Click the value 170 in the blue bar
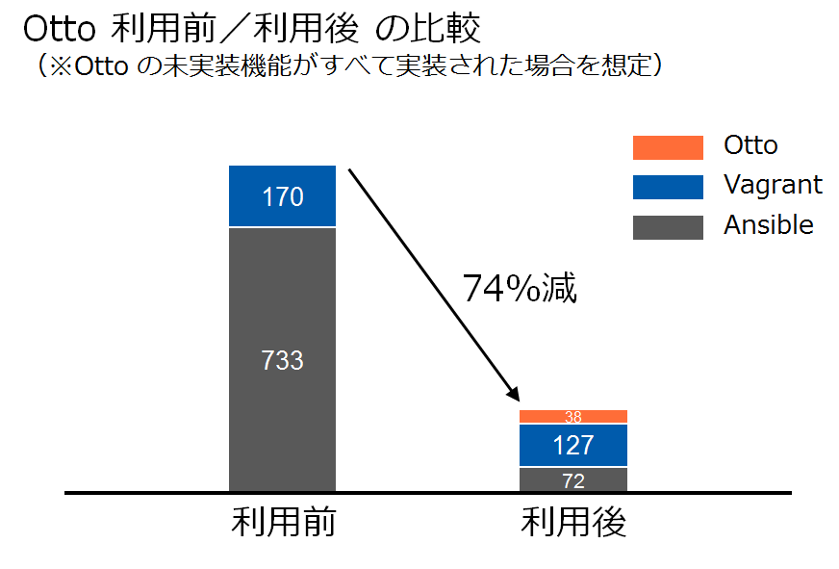click(x=282, y=197)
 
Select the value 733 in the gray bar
click(x=282, y=360)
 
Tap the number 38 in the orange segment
click(x=573, y=417)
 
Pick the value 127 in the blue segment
click(x=573, y=446)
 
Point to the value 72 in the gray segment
click(x=573, y=480)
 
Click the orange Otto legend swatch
click(x=668, y=147)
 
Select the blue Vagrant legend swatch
click(x=668, y=187)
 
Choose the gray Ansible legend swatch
click(x=668, y=227)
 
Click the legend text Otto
click(x=750, y=145)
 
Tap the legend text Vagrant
click(x=773, y=185)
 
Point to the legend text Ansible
click(x=769, y=225)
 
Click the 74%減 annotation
click(x=520, y=288)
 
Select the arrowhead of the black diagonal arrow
click(x=514, y=395)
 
